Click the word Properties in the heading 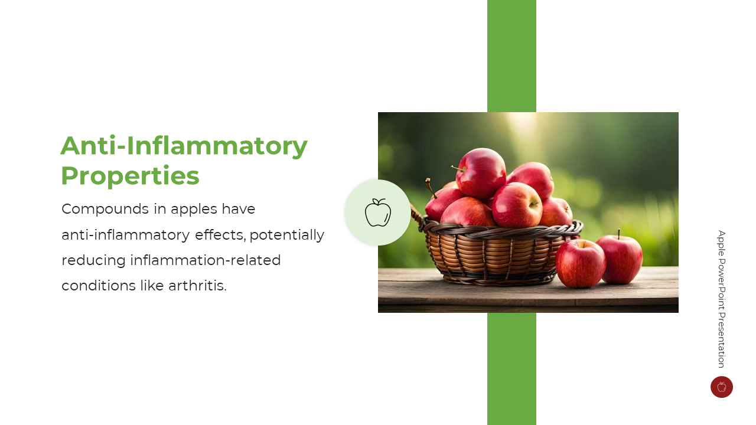pos(131,176)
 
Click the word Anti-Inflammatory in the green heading pos(184,146)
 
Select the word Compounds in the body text pos(105,209)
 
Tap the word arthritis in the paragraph pos(197,286)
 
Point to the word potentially pos(287,235)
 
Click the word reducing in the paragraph pos(93,261)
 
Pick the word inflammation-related pos(206,260)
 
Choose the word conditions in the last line pos(99,286)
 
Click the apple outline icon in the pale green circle pos(378,212)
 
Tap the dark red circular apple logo pos(722,387)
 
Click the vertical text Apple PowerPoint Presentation pos(722,299)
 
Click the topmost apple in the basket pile pos(481,173)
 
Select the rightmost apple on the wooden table pos(620,259)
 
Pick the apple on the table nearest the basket pos(580,263)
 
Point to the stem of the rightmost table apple pos(619,234)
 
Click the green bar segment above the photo pos(511,56)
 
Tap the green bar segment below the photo pos(511,369)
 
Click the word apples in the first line pos(194,210)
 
